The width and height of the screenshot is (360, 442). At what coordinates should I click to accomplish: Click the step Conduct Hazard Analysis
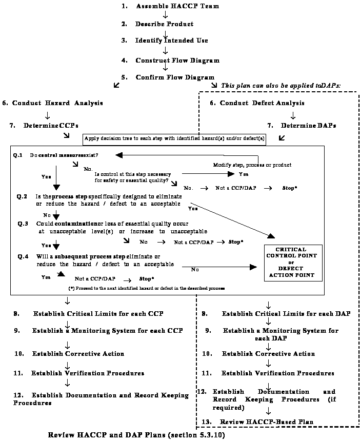pyautogui.click(x=53, y=103)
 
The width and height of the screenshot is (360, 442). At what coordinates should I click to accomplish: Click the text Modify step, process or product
pyautogui.click(x=252, y=165)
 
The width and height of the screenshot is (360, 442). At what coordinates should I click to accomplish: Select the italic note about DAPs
pyautogui.click(x=281, y=85)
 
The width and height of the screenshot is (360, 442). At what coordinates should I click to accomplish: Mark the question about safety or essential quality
pyautogui.click(x=132, y=177)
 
